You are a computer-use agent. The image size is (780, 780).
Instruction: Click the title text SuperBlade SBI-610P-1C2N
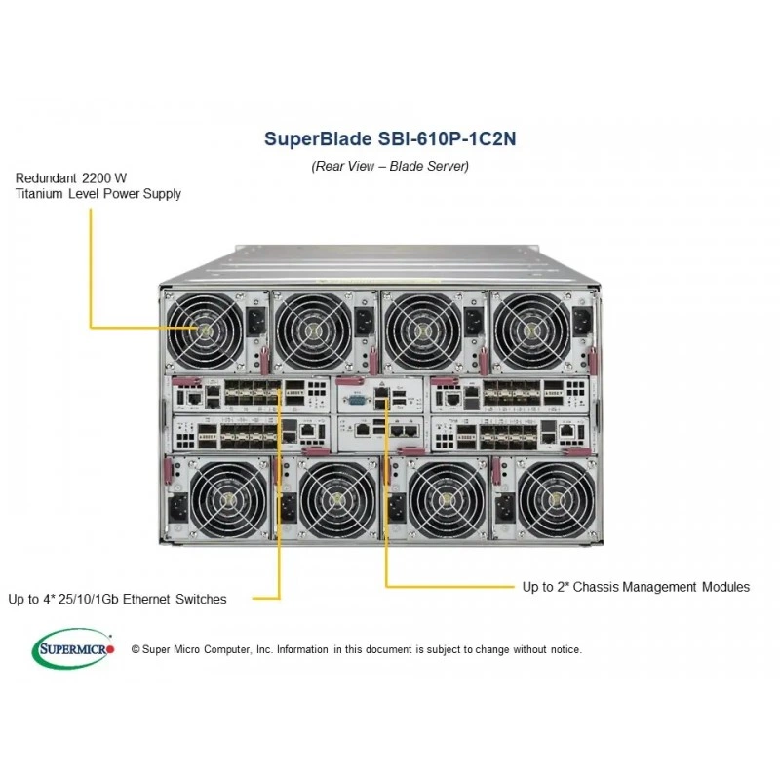(x=390, y=138)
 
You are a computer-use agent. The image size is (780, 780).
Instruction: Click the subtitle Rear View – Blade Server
(x=390, y=166)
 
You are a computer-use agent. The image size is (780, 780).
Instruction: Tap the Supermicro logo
(x=73, y=648)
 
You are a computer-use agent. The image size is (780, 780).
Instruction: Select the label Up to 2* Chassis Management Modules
(x=636, y=587)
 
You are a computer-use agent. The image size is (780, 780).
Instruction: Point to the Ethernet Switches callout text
(x=117, y=599)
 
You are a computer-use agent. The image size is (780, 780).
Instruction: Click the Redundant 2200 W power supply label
(x=98, y=186)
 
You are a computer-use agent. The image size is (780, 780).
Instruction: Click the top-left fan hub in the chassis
(x=205, y=330)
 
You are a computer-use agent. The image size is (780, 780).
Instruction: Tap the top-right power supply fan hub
(x=531, y=331)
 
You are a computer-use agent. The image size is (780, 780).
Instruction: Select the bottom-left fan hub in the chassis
(x=229, y=499)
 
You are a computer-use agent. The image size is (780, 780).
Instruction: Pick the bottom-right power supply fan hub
(x=556, y=499)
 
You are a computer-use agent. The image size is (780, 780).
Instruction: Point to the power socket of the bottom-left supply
(x=177, y=507)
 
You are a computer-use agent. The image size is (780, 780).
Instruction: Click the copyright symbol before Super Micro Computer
(x=136, y=649)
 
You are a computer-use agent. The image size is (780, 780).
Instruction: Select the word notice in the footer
(x=566, y=649)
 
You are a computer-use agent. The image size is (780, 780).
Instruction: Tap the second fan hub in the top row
(x=313, y=331)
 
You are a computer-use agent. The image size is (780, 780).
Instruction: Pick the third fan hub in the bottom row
(x=447, y=499)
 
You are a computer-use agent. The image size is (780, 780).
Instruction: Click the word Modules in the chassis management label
(x=725, y=587)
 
